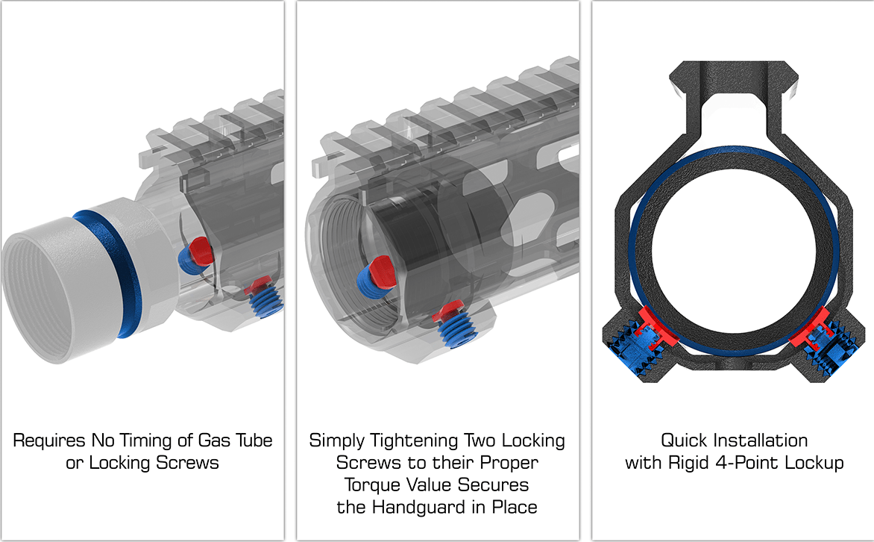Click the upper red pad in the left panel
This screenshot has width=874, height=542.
click(199, 249)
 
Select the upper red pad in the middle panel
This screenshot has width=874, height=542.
click(381, 269)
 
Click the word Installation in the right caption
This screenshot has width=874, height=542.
click(760, 440)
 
